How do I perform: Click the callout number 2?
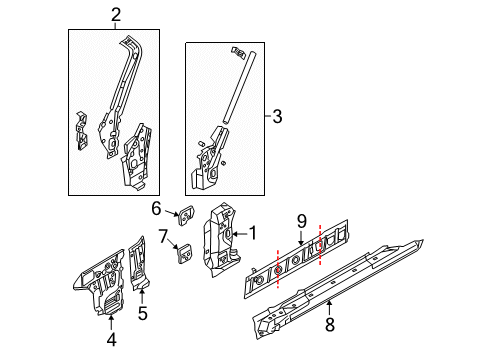(116, 14)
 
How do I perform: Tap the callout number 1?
(252, 233)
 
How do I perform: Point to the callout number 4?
(111, 339)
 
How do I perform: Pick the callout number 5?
(142, 313)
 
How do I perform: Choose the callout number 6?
(157, 208)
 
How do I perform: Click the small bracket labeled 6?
(185, 211)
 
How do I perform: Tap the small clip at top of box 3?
(236, 50)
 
